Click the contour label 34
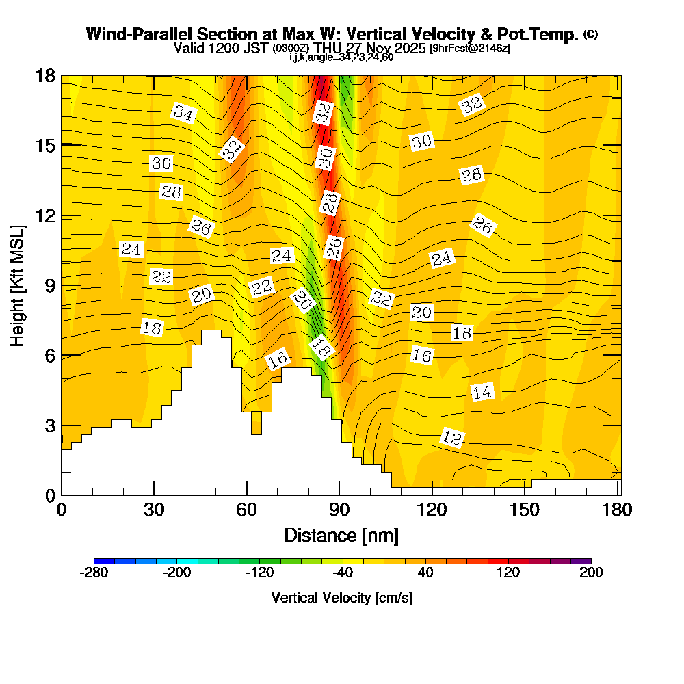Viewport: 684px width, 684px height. [x=183, y=113]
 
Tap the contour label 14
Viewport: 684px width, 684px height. [x=482, y=392]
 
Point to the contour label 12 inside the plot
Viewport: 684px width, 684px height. [x=451, y=438]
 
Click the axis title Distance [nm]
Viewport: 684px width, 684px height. [x=341, y=535]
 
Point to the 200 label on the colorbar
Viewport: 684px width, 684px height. [x=591, y=573]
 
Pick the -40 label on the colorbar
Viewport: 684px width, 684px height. [x=343, y=573]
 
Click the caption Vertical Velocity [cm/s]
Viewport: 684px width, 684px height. [x=342, y=598]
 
